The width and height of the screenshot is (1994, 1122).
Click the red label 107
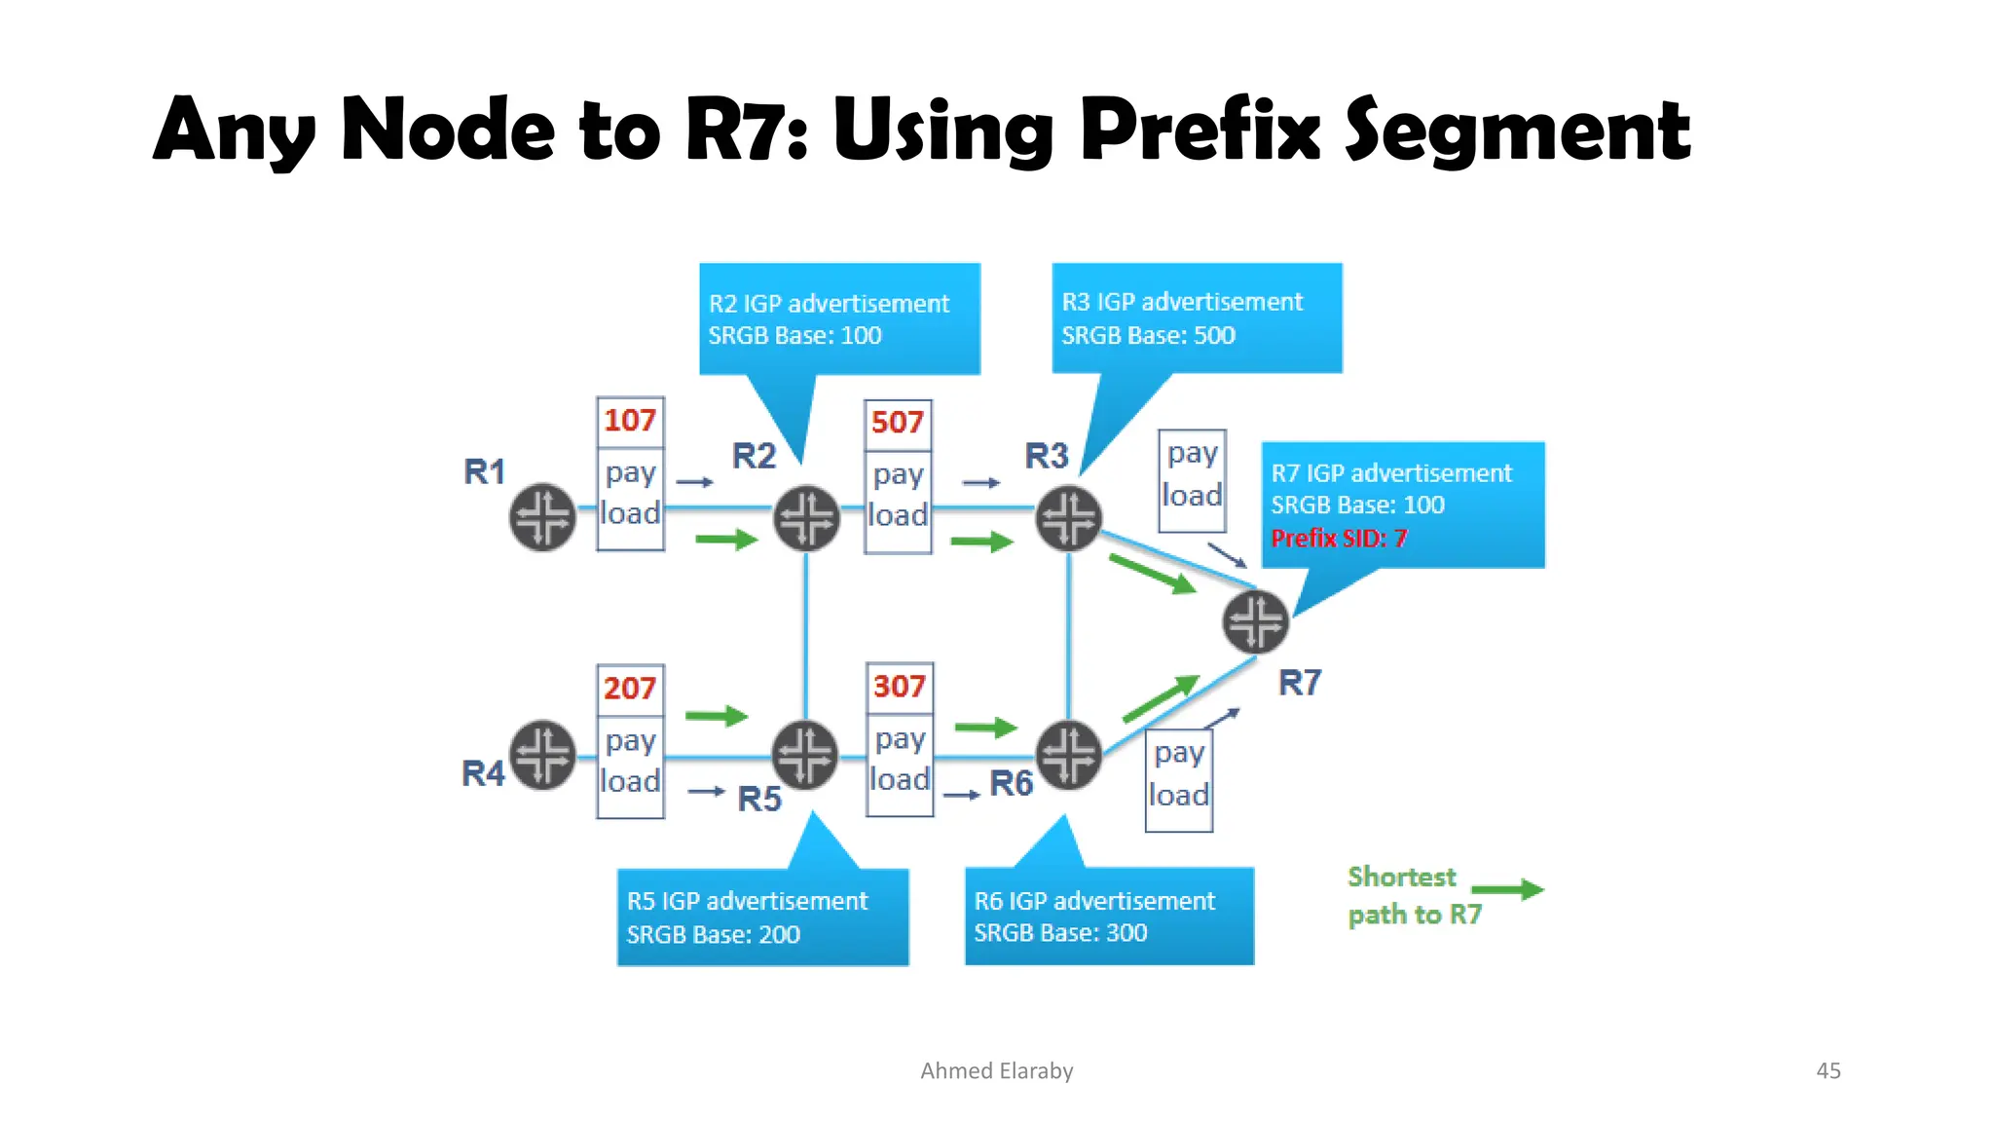click(x=630, y=421)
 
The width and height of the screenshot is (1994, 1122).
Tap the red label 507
click(x=898, y=423)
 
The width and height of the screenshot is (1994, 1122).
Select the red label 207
click(x=630, y=689)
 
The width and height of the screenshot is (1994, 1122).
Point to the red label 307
click(x=899, y=687)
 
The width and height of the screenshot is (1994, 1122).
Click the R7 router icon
click(x=1256, y=621)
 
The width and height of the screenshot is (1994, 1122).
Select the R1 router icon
click(x=542, y=517)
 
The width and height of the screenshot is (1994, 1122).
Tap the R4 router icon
click(x=542, y=755)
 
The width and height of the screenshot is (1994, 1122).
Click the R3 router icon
click(x=1068, y=518)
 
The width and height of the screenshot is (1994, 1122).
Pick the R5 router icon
click(x=805, y=755)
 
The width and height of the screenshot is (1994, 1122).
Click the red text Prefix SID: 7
click(x=1339, y=539)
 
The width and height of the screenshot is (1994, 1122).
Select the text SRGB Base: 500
click(x=1148, y=336)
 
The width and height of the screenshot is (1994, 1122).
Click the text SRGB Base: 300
click(x=1060, y=933)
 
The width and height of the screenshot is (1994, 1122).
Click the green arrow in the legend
click(x=1507, y=889)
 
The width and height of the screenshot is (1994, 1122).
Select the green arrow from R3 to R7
click(x=1153, y=574)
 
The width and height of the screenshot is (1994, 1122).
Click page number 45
click(x=1828, y=1070)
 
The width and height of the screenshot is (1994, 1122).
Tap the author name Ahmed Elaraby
click(x=997, y=1070)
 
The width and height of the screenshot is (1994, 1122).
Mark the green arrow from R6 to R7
click(x=1161, y=699)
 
